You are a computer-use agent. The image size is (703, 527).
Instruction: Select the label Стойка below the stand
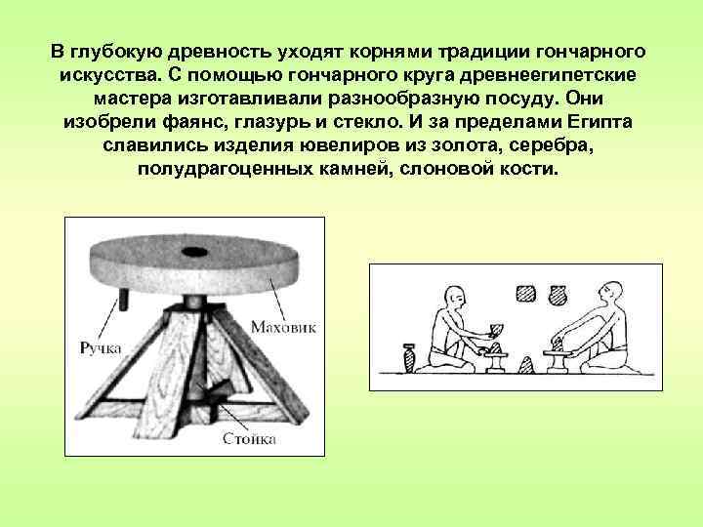(249, 439)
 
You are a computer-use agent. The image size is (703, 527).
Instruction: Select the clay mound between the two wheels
(526, 365)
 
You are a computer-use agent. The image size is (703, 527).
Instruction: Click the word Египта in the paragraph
(597, 123)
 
